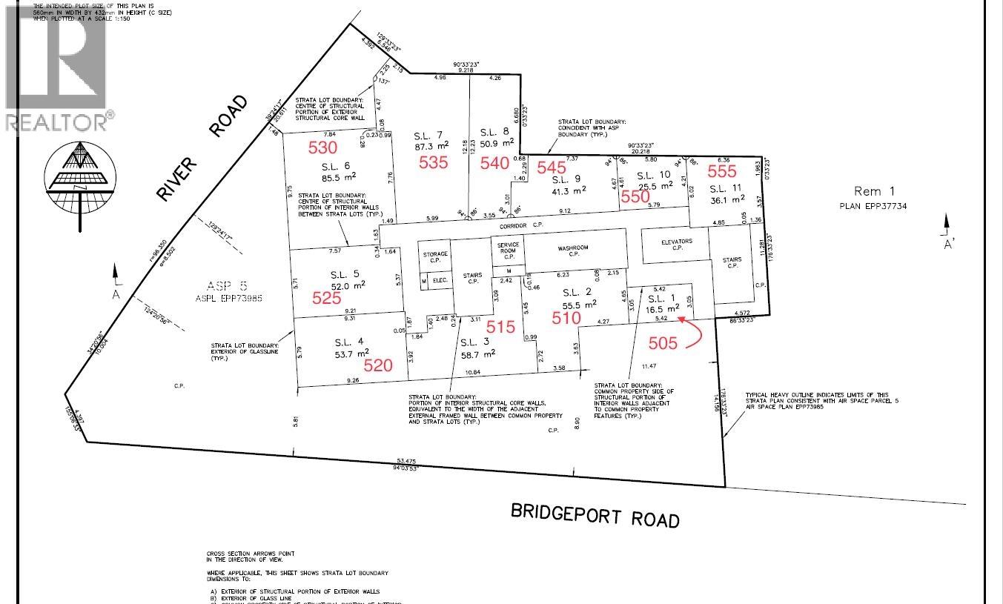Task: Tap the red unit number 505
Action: click(663, 343)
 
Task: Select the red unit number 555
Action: click(722, 171)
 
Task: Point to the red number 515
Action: click(500, 326)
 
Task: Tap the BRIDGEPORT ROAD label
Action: click(595, 514)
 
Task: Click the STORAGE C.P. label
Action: click(435, 257)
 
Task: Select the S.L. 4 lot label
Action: click(348, 342)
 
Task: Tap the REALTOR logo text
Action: click(56, 121)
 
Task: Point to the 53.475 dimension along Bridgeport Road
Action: click(405, 463)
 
